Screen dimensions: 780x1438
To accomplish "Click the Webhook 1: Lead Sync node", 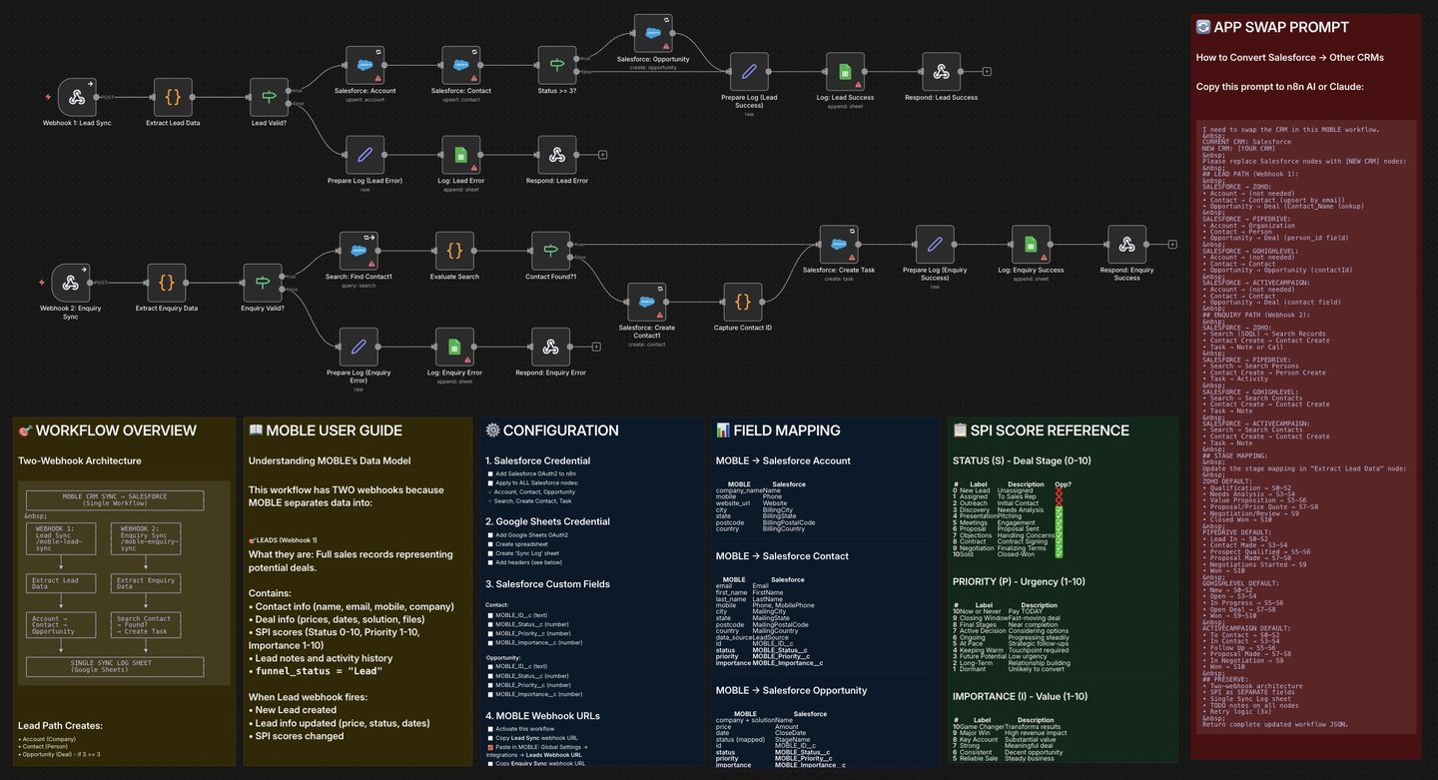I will (x=77, y=98).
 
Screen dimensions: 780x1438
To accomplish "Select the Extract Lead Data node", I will (x=173, y=98).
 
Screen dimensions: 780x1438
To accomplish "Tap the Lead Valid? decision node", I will (x=269, y=98).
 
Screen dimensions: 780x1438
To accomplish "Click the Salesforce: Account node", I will (x=365, y=66).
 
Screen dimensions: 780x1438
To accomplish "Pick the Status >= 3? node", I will (x=557, y=66).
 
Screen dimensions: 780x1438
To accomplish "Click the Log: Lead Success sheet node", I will (x=845, y=72).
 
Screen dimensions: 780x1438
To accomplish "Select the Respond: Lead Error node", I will (x=557, y=155).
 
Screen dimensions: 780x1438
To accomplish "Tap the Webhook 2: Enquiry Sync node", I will (x=71, y=283).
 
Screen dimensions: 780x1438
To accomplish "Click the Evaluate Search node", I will (x=454, y=251).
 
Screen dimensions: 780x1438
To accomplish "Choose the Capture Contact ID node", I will (x=742, y=302).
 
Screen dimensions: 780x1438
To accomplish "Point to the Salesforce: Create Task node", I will (x=839, y=245).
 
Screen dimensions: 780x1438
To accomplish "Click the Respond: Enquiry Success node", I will (x=1126, y=245).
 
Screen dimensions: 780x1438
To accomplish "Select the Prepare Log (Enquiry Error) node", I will (x=359, y=347).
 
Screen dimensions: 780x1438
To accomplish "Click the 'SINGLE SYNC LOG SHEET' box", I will (x=115, y=666).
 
